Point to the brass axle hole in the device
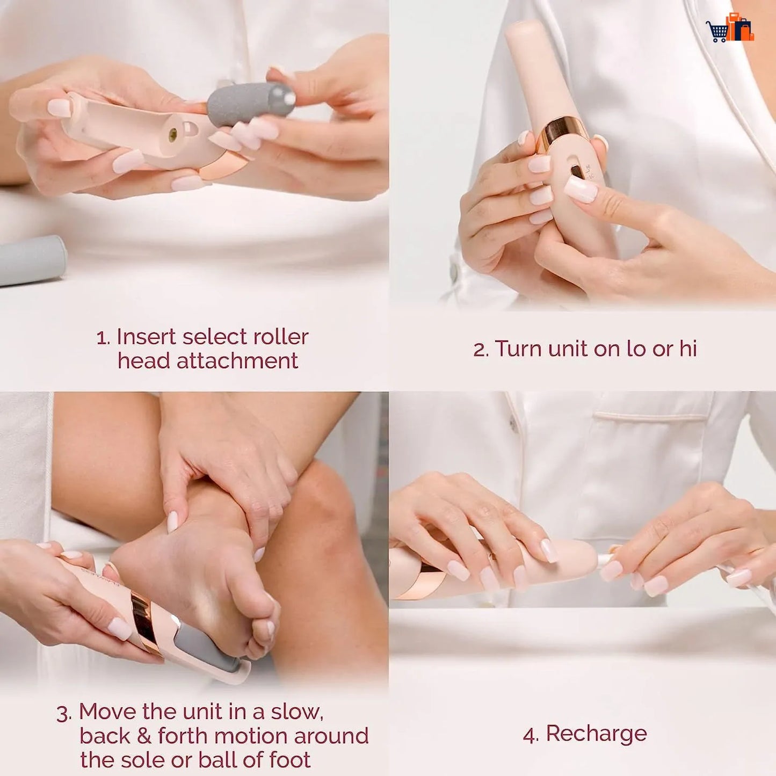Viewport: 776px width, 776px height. tap(173, 135)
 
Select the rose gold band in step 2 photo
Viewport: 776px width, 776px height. tap(562, 131)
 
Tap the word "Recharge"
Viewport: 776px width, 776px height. tap(596, 734)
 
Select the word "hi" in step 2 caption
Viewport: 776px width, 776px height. tap(687, 349)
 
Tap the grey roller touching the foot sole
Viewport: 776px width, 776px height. tap(209, 647)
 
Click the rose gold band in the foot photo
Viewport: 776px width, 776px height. tap(145, 623)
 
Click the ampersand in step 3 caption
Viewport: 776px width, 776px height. tap(143, 736)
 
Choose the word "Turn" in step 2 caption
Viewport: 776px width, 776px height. tap(518, 349)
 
